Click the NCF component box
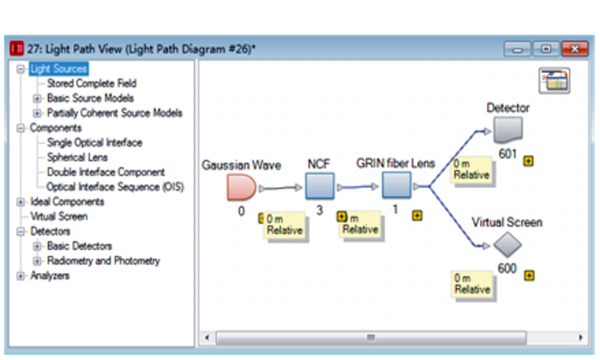point(320,185)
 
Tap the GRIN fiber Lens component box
point(396,185)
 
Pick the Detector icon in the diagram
point(508,129)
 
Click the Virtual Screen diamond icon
point(507,246)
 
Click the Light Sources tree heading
point(58,69)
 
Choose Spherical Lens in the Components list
point(77,158)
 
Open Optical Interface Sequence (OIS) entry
point(115,187)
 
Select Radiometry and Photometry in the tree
point(103,261)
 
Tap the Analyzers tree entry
point(50,276)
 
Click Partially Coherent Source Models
point(114,113)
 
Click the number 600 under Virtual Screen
point(508,268)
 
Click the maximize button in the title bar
point(545,49)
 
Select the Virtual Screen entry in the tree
point(58,217)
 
